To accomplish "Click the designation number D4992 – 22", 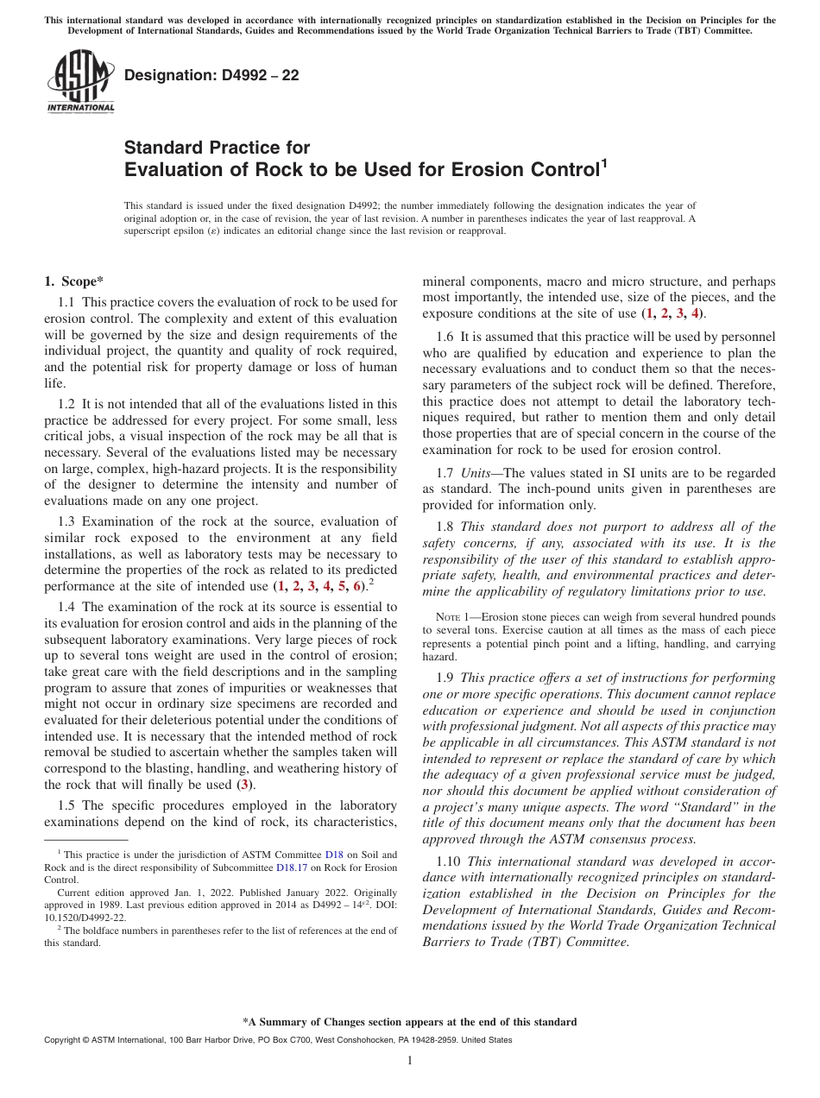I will (211, 76).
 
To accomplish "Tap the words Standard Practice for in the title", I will (217, 148).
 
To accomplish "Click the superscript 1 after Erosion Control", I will (604, 161).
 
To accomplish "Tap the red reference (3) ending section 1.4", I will (245, 785).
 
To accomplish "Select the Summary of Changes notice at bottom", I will (409, 1022).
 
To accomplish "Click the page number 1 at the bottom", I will (410, 1061).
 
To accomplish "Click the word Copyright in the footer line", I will (60, 1040).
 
